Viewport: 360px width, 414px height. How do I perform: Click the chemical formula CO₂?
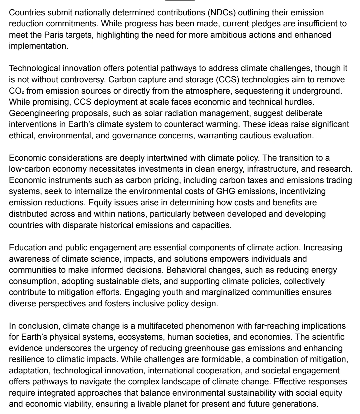coord(16,91)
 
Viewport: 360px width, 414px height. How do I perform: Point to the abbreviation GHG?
coord(237,191)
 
